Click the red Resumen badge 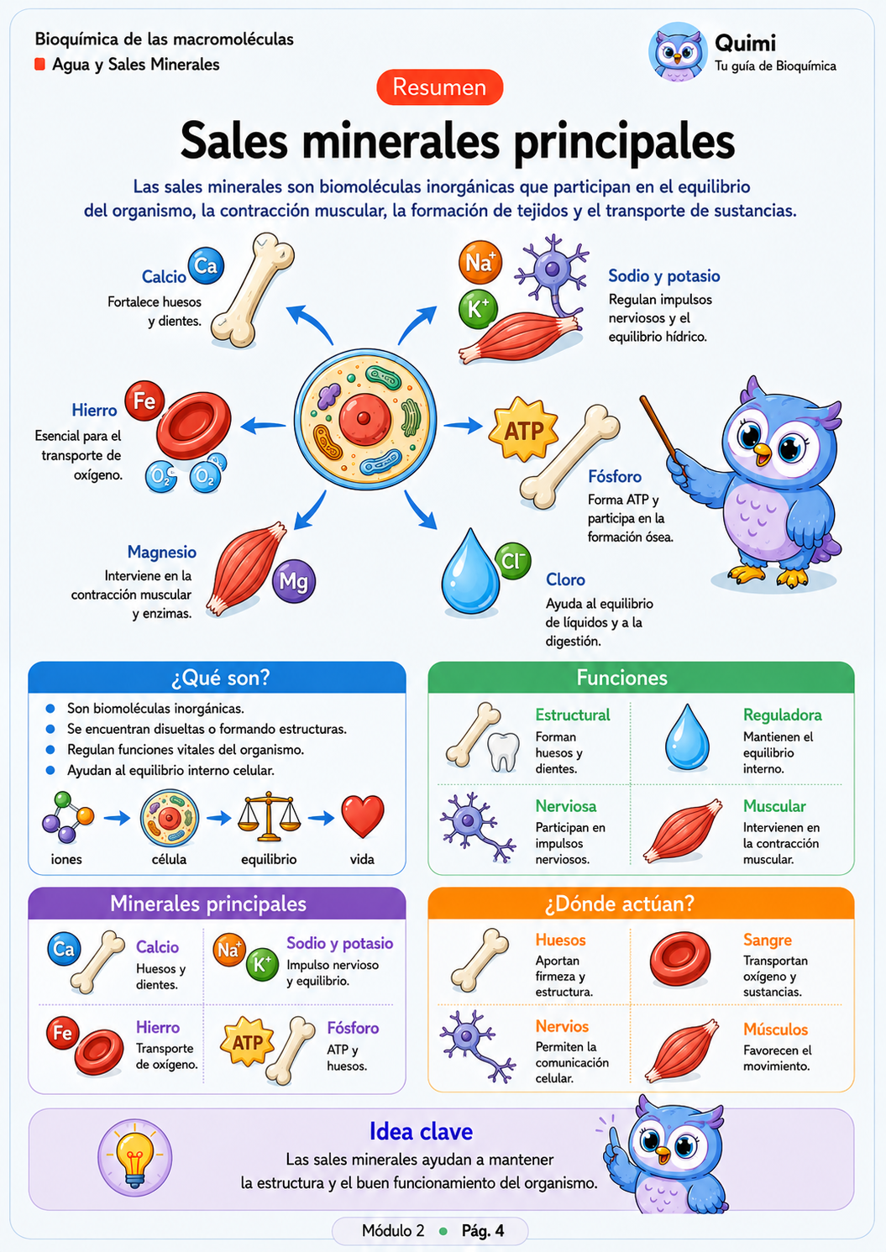pos(439,87)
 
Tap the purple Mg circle pos(293,581)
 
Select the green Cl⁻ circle pos(512,561)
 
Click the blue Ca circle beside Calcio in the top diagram pos(206,265)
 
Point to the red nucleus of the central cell pos(364,418)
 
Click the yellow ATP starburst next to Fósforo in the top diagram pos(523,430)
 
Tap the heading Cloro pos(565,579)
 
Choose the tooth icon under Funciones pos(503,752)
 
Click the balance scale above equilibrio pos(269,816)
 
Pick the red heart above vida pos(363,816)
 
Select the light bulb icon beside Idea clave pos(134,1158)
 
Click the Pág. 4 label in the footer pos(483,1230)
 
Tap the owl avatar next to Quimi pos(678,51)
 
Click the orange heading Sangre pos(767,940)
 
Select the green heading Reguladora pos(782,715)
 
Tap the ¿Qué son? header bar pos(217,678)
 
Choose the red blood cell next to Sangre pos(680,958)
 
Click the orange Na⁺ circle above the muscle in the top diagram pos(480,262)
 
